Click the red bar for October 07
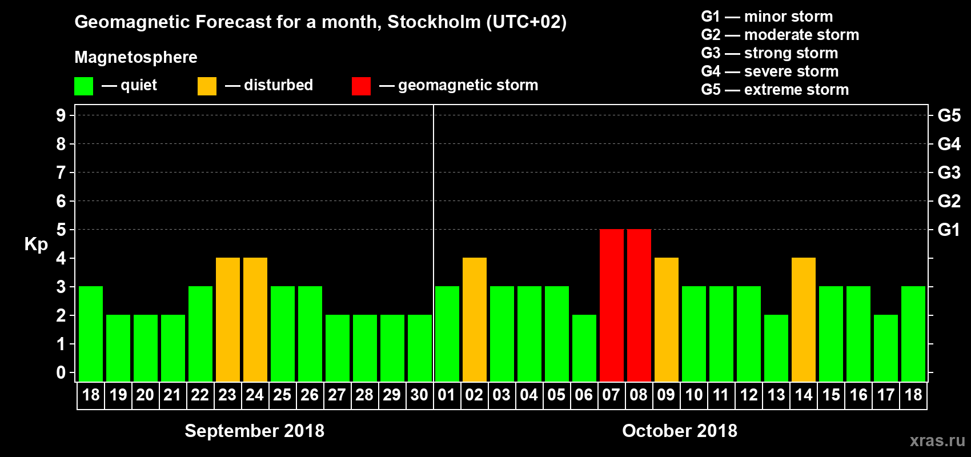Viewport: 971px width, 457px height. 612,305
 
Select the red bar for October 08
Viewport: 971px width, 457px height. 639,305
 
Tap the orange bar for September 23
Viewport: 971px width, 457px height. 228,319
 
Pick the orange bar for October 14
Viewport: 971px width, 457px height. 804,319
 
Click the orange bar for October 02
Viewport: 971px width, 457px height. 475,319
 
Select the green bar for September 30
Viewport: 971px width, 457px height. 420,348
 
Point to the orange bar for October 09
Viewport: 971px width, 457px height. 667,319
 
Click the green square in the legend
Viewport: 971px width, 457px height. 83,86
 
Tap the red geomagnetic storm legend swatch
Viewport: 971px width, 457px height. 361,86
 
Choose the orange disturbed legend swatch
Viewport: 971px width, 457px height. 207,86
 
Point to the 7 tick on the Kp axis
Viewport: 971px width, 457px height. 61,173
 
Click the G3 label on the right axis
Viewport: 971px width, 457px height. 949,173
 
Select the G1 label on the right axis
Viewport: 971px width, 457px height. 949,230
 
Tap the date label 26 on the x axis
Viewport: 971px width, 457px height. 310,395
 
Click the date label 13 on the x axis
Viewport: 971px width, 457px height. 776,395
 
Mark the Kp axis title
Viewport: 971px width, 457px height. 36,244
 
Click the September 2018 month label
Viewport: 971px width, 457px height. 254,431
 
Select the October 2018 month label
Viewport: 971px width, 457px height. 680,431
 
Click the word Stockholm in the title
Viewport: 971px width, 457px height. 434,22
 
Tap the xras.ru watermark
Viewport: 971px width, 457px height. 937,440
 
